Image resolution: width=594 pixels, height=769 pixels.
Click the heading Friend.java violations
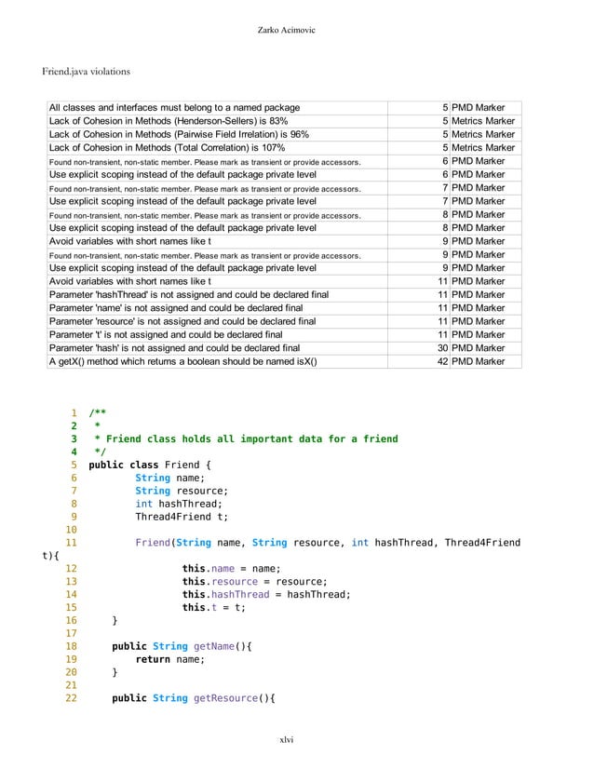pos(87,71)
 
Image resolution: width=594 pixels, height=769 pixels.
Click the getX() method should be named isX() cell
pos(182,361)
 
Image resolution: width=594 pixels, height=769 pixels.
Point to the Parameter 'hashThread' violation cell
pos(188,294)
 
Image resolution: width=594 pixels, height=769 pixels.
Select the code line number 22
pos(71,698)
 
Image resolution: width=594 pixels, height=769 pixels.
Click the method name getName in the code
pos(218,646)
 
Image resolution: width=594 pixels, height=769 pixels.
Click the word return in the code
pos(153,659)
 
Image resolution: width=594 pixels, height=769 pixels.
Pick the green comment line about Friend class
pos(245,438)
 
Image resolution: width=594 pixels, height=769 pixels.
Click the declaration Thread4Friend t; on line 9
pos(181,517)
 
